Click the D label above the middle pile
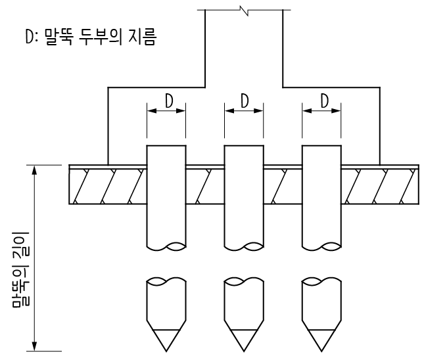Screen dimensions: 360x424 click(x=244, y=101)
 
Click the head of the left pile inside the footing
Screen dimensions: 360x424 click(x=166, y=154)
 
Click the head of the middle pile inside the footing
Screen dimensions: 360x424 click(x=244, y=154)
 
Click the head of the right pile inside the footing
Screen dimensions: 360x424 click(x=321, y=154)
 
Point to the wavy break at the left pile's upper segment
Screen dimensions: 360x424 click(x=166, y=248)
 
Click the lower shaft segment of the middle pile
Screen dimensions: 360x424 click(x=244, y=305)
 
